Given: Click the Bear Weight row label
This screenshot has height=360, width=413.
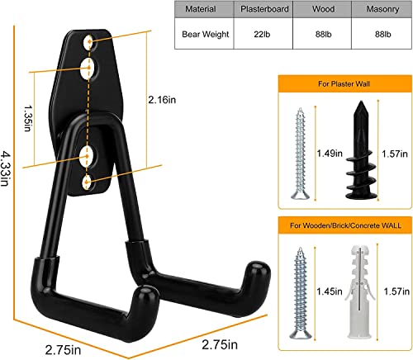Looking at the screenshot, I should tap(203, 36).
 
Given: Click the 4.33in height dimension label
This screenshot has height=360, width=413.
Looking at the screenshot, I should tap(8, 170).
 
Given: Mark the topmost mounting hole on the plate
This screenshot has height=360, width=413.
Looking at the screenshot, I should tap(89, 40).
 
